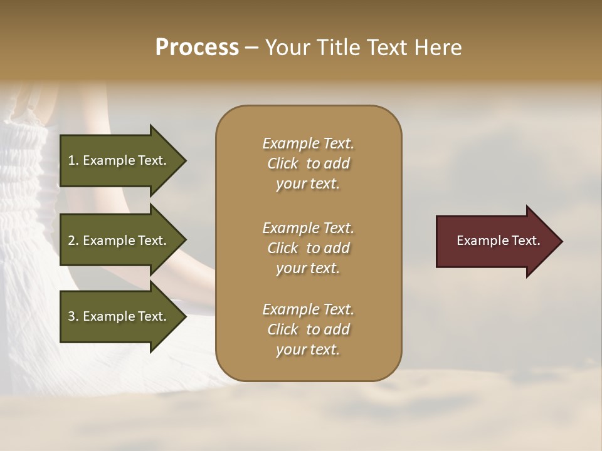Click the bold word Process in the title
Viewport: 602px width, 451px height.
click(x=197, y=48)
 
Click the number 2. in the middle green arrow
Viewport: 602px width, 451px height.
click(x=73, y=241)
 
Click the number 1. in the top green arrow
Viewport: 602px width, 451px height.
click(x=73, y=160)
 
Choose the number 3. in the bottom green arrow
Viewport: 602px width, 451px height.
click(x=73, y=316)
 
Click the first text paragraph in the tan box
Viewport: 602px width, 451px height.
click(x=308, y=163)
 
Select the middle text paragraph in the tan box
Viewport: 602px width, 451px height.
click(x=308, y=248)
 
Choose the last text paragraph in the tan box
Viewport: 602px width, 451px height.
click(x=308, y=329)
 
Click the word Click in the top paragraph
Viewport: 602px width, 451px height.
click(x=283, y=163)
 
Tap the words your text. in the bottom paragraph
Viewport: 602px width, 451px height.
click(x=308, y=350)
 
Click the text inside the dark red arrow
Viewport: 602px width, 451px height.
click(x=498, y=241)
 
